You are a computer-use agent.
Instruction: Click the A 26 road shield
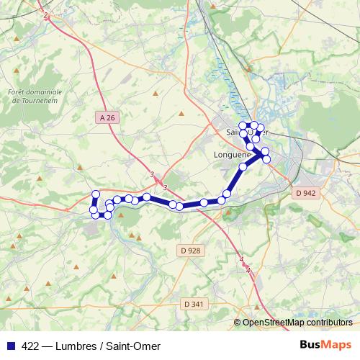[x=107, y=117]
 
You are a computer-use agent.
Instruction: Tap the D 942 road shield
[x=306, y=193]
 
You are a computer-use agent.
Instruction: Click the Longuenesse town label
[x=232, y=154]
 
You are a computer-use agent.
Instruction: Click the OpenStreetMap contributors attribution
[x=297, y=323]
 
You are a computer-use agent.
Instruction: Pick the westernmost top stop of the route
[x=95, y=194]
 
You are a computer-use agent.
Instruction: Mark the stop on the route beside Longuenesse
[x=243, y=167]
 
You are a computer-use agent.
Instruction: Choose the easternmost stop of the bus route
[x=266, y=158]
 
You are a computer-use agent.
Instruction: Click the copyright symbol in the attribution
[x=238, y=323]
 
